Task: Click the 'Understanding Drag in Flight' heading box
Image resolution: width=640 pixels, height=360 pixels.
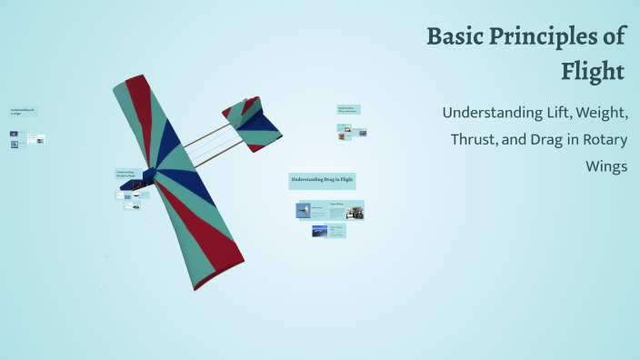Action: (322, 180)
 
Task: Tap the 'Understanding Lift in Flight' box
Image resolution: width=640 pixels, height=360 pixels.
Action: (23, 112)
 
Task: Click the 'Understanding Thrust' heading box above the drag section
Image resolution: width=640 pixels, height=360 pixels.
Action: (348, 109)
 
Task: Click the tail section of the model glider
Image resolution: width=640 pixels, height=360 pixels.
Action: (252, 122)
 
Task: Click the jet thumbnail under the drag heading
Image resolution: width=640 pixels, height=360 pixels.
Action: (304, 210)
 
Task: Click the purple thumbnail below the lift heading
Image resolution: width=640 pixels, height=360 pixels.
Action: (15, 134)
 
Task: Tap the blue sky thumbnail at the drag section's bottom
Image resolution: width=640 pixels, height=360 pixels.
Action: (319, 231)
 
